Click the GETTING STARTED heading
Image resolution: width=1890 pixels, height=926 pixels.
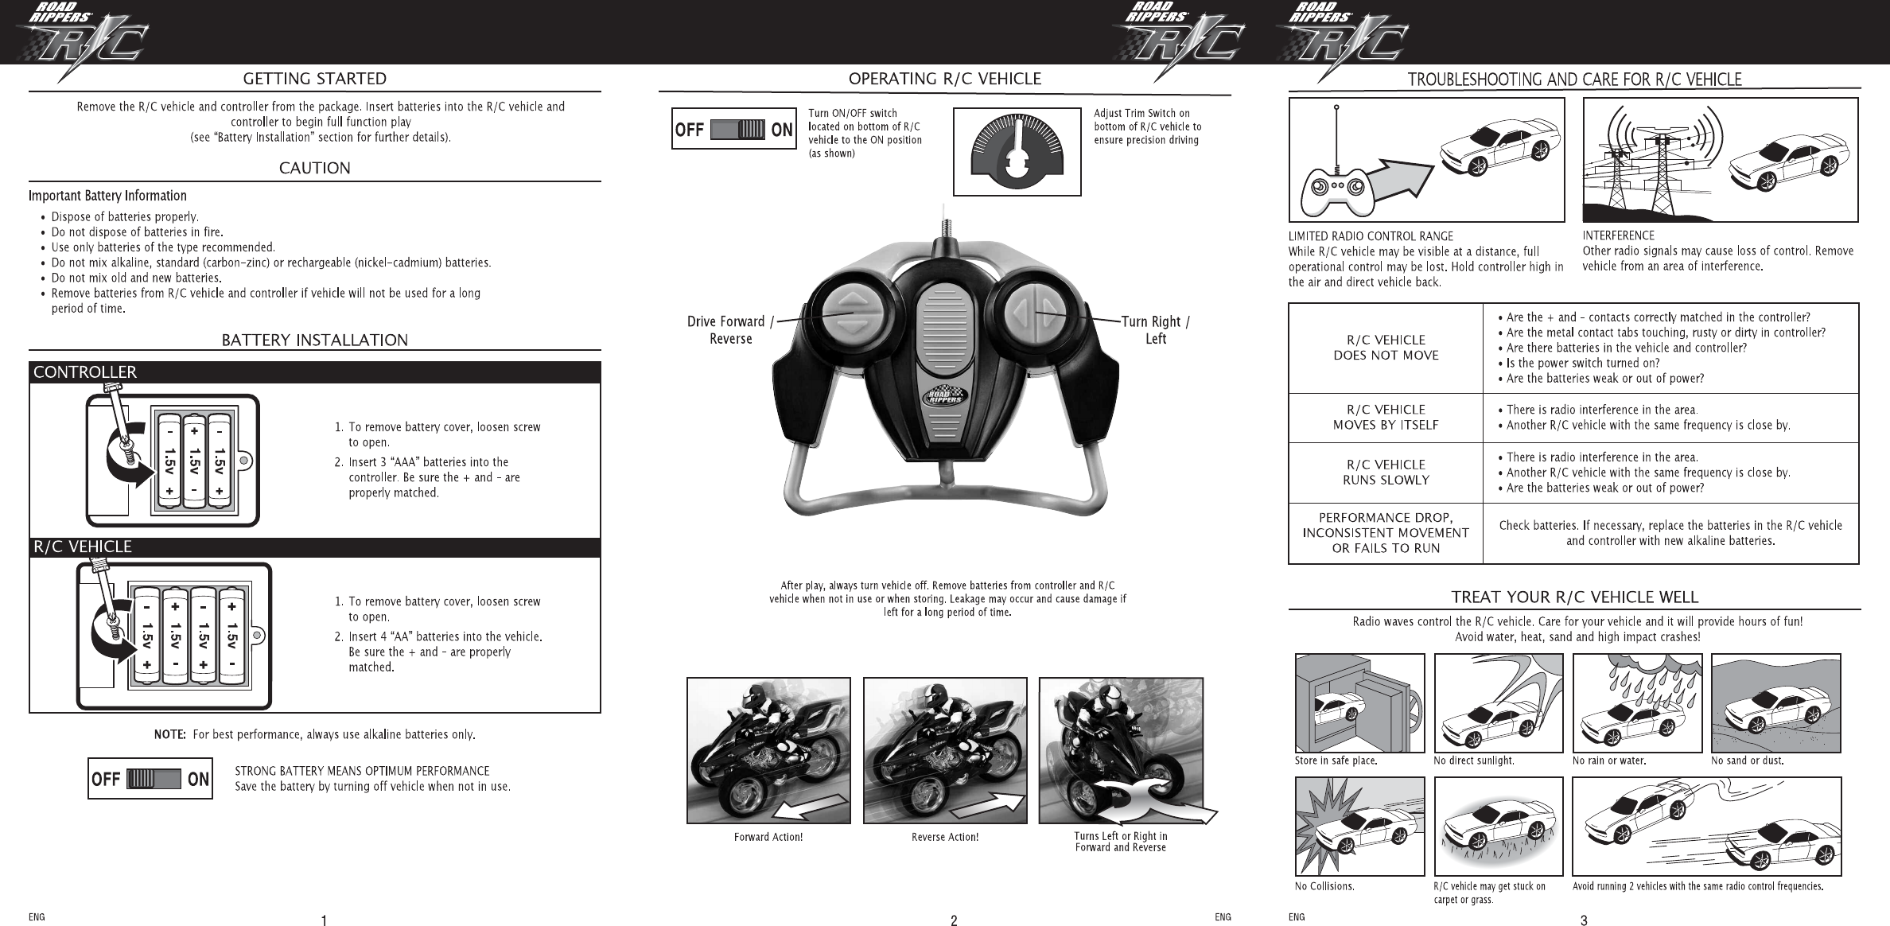(314, 79)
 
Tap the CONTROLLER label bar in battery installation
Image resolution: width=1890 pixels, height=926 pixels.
(85, 372)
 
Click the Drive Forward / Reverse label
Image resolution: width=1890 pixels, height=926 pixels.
(730, 330)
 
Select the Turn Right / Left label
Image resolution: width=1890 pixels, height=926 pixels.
(1155, 330)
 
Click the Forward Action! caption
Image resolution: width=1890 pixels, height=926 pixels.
(768, 837)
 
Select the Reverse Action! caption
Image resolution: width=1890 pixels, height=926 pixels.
(945, 837)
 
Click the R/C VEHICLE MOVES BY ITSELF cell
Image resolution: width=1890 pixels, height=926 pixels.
(1386, 418)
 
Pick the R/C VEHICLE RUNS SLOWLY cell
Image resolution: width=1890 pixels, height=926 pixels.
(1386, 473)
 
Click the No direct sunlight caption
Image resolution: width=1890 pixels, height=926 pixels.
(1473, 761)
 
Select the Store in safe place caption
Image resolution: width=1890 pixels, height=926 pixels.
(1336, 761)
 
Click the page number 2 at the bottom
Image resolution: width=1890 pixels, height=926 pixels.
(954, 921)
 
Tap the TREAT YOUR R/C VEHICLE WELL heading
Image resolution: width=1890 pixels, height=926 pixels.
(1574, 597)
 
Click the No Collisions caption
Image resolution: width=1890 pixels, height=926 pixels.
(1324, 885)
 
